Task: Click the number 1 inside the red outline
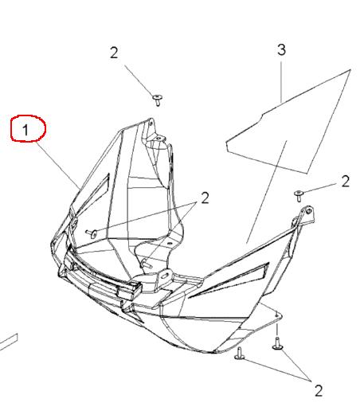[x=25, y=130]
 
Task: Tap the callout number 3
[x=281, y=50]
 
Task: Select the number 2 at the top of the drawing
[x=114, y=53]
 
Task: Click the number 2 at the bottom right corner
[x=319, y=390]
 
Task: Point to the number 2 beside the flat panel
[x=345, y=182]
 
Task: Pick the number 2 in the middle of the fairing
[x=205, y=198]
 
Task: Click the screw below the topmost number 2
[x=158, y=100]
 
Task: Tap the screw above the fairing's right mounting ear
[x=299, y=196]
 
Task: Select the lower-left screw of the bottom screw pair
[x=240, y=354]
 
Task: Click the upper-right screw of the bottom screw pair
[x=278, y=343]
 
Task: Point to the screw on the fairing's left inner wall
[x=92, y=233]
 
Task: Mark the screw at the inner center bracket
[x=146, y=264]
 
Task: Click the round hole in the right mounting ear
[x=309, y=211]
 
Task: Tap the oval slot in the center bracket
[x=165, y=276]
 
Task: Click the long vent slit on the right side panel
[x=229, y=280]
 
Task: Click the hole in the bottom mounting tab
[x=276, y=315]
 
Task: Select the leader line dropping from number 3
[x=281, y=81]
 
